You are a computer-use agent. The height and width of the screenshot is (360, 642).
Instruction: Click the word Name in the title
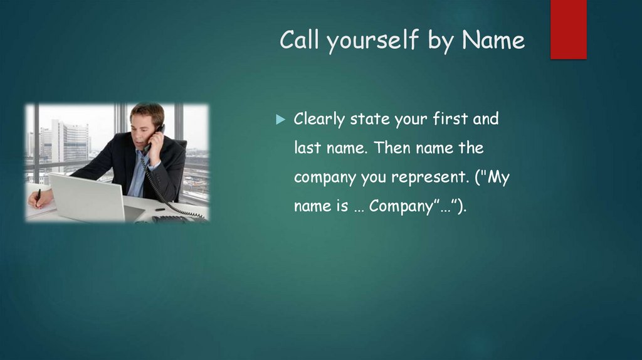(493, 40)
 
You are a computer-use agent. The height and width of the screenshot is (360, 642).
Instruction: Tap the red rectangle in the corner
(568, 29)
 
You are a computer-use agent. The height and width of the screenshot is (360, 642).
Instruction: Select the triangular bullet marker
(280, 119)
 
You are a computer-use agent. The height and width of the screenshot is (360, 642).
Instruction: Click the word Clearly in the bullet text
(320, 119)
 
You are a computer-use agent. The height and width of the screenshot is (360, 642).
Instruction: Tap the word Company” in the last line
(399, 207)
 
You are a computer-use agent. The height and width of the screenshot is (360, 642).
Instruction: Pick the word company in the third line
(325, 179)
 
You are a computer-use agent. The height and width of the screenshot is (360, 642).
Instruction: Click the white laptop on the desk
(88, 197)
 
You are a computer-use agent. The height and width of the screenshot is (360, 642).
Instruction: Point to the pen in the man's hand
(38, 196)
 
